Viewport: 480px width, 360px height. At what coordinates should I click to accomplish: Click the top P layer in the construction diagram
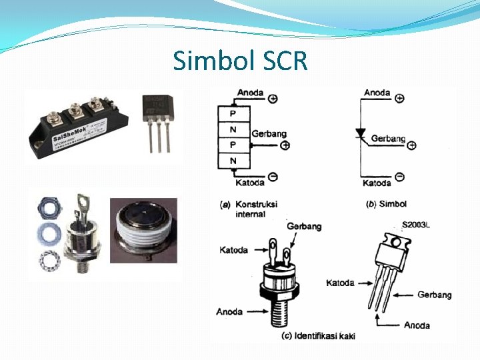coord(233,113)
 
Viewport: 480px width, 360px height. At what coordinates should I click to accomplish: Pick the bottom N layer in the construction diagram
coord(233,161)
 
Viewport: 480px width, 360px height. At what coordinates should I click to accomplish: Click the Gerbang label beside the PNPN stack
coord(269,134)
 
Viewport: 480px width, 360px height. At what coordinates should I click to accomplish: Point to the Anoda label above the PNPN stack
coord(250,93)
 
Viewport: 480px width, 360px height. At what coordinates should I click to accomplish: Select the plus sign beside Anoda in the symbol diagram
coord(400,98)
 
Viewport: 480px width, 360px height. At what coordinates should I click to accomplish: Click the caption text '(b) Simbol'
coord(387,203)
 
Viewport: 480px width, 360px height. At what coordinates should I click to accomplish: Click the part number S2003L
coord(416,225)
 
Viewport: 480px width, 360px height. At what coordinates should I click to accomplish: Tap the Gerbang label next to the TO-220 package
coord(434,295)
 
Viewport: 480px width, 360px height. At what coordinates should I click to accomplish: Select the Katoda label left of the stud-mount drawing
coord(233,250)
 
